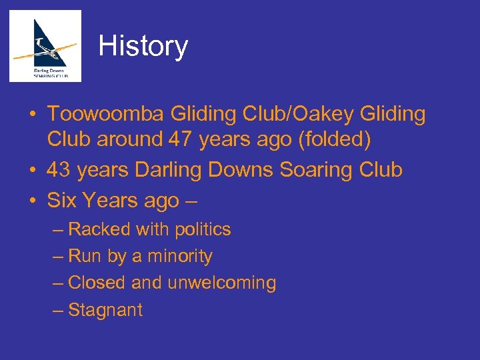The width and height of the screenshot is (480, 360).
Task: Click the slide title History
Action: [143, 46]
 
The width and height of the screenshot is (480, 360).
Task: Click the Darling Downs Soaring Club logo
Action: [45, 46]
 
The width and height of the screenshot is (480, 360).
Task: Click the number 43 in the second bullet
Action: [59, 170]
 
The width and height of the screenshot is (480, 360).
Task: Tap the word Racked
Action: [99, 229]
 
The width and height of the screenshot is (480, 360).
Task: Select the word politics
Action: [203, 229]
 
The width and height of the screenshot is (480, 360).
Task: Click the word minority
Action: [181, 256]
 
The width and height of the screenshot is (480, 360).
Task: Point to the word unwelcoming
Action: [221, 283]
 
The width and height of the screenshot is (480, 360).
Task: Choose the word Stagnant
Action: [105, 310]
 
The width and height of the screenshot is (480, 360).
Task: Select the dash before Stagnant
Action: [58, 310]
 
